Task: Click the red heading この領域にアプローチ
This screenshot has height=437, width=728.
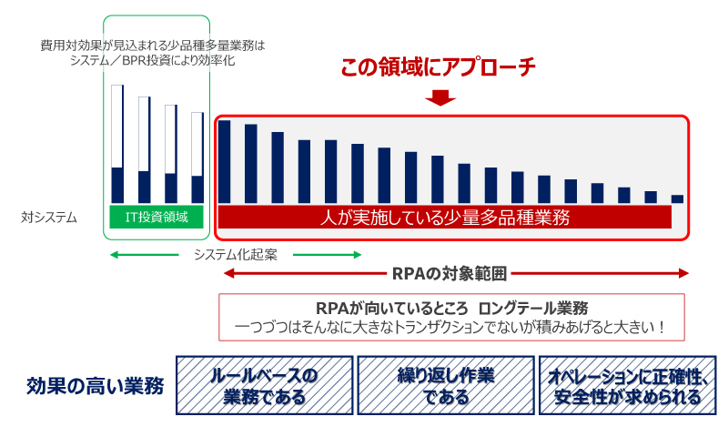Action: coord(438,67)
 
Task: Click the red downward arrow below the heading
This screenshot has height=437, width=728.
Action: coord(440,97)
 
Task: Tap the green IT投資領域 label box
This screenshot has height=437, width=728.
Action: coord(157,217)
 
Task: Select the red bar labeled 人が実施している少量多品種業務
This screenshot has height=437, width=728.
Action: coord(445,217)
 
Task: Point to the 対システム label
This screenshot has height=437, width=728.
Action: coord(49,218)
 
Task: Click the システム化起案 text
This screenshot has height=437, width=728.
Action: coord(236,255)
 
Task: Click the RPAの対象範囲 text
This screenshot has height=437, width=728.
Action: coord(449,273)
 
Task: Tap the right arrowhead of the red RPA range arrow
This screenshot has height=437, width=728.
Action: coord(683,273)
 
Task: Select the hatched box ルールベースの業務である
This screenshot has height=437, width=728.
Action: coord(265,385)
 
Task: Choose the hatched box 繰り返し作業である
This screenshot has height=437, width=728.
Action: coord(446,385)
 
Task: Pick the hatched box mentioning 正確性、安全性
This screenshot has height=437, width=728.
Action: coord(627,385)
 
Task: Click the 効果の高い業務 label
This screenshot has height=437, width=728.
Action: coord(96,386)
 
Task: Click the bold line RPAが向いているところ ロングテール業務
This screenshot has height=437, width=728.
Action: coord(451,308)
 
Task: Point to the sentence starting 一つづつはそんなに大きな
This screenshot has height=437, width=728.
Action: coord(451,327)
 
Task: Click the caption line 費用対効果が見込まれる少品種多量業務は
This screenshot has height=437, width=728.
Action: coord(153,46)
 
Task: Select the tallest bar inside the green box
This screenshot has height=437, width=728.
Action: coord(117,144)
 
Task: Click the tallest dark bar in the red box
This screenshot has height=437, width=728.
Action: coord(224,162)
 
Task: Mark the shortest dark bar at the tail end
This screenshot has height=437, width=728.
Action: coord(677,198)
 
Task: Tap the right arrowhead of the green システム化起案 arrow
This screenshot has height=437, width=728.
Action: coord(357,255)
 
